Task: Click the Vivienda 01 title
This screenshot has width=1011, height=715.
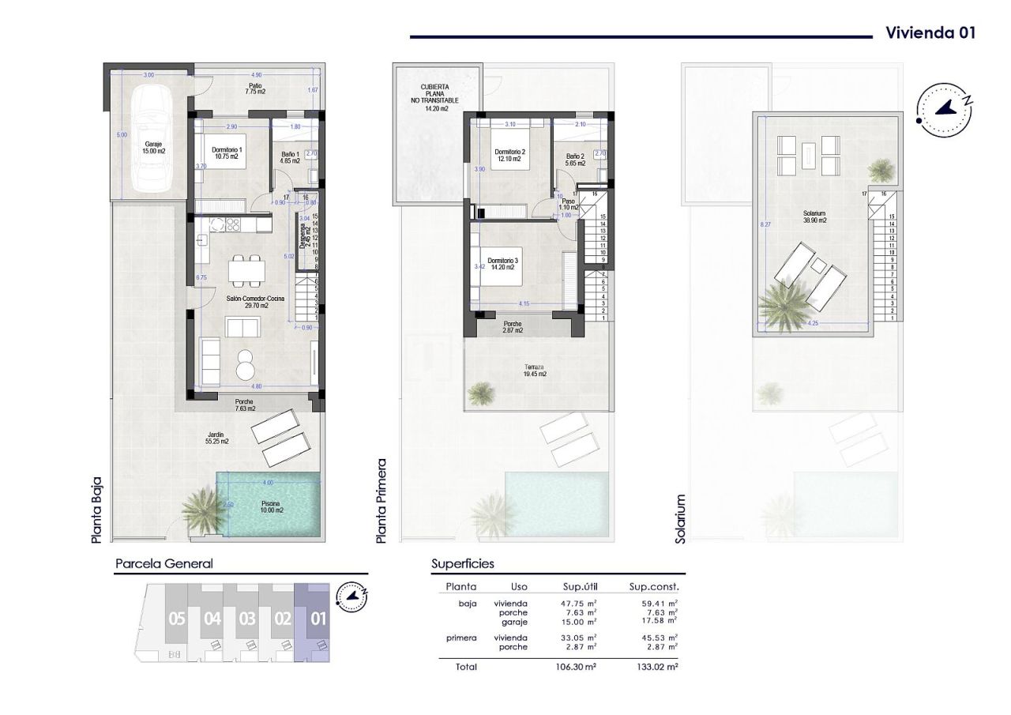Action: [930, 33]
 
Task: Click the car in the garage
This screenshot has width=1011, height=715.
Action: [149, 138]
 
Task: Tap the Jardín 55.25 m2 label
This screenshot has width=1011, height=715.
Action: [214, 438]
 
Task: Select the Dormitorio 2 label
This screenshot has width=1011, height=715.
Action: [510, 155]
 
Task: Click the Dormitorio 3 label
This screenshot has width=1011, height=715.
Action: [503, 264]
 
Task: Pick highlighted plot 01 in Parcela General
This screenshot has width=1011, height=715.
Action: [318, 619]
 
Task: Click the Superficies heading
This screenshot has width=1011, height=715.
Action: [463, 564]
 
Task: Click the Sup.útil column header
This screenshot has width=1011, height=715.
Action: [579, 587]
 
